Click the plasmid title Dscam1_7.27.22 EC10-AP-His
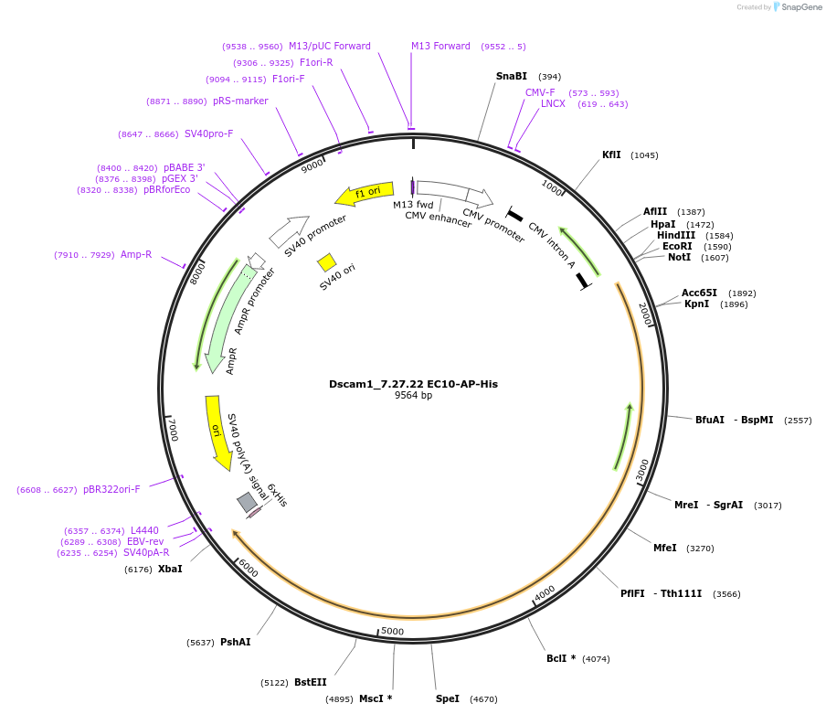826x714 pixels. [413, 384]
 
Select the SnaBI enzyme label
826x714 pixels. [512, 77]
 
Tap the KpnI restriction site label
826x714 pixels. [696, 304]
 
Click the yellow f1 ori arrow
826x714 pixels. [365, 193]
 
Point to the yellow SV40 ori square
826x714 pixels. [326, 262]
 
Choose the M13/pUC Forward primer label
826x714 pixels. [330, 47]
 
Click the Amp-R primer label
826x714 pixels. [136, 255]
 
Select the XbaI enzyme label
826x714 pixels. [170, 569]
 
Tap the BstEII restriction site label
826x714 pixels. [310, 682]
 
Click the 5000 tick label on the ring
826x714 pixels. [392, 631]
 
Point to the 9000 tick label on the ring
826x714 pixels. [312, 165]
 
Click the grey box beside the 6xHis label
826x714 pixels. [247, 502]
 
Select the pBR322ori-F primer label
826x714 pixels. [111, 490]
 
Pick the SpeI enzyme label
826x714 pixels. [448, 699]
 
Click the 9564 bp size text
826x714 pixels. [413, 396]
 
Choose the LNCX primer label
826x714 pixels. [553, 104]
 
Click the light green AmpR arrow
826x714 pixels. [224, 320]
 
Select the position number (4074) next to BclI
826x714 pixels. [596, 659]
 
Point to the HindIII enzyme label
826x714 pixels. [675, 235]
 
